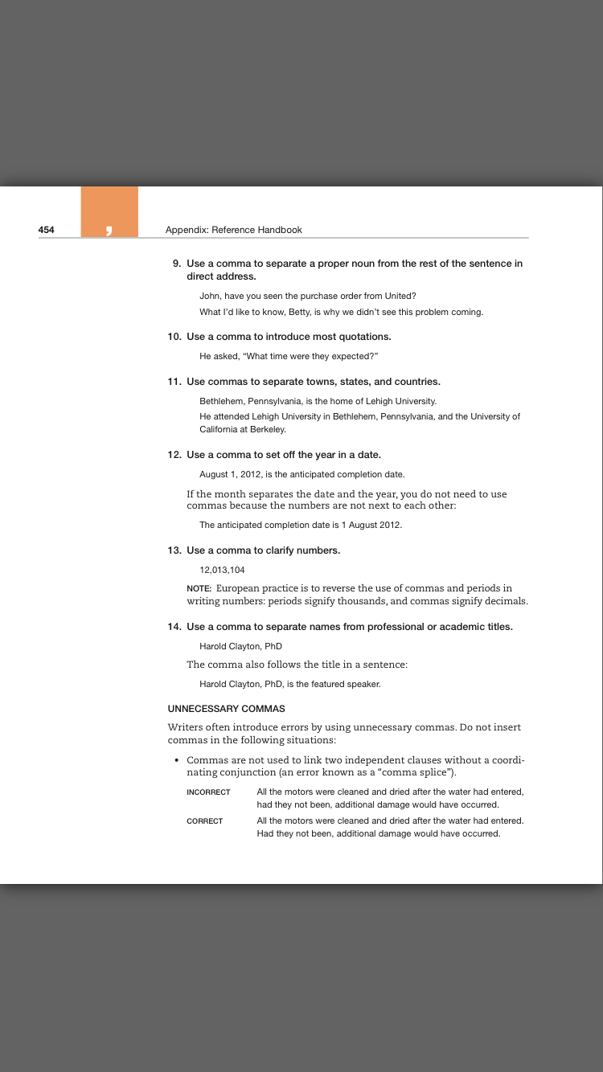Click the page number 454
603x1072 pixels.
pyautogui.click(x=47, y=230)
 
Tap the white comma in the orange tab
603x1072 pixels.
pyautogui.click(x=109, y=231)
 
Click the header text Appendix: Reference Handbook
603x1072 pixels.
pyautogui.click(x=233, y=230)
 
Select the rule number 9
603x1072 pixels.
pyautogui.click(x=177, y=264)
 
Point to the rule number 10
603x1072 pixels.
pyautogui.click(x=174, y=337)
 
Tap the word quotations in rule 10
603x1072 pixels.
pyautogui.click(x=359, y=337)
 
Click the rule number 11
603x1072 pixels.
pyautogui.click(x=174, y=382)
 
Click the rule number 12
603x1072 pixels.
pyautogui.click(x=174, y=455)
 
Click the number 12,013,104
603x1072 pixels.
pyautogui.click(x=222, y=570)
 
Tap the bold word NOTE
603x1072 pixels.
pyautogui.click(x=199, y=588)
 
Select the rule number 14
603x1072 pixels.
pyautogui.click(x=174, y=627)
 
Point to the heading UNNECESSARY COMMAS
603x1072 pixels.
pyautogui.click(x=226, y=709)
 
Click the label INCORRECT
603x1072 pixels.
pyautogui.click(x=208, y=792)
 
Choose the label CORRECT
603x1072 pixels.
pyautogui.click(x=204, y=821)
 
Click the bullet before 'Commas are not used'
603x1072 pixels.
pyautogui.click(x=176, y=760)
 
